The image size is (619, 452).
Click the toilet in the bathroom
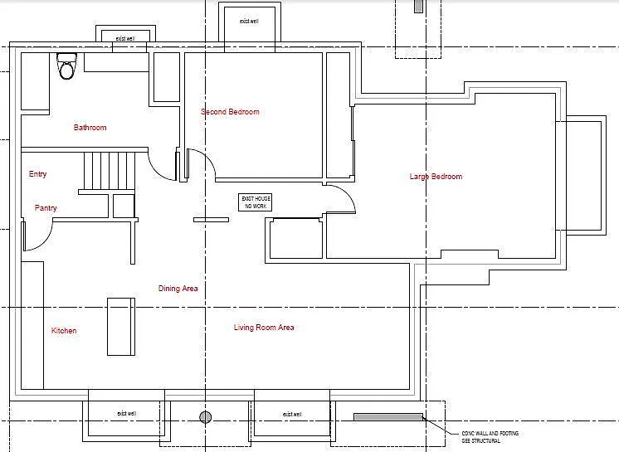(66, 66)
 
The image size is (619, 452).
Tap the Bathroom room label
(90, 128)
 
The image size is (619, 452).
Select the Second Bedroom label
(230, 112)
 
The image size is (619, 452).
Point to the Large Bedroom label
(436, 177)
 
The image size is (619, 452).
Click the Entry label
(37, 174)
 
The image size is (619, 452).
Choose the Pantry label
(46, 208)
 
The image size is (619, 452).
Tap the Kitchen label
(64, 331)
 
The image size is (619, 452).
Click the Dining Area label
(178, 289)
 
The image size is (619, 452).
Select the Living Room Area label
(264, 328)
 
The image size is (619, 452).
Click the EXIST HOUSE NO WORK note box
(256, 202)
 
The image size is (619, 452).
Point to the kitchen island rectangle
(120, 326)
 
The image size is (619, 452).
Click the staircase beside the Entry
(108, 171)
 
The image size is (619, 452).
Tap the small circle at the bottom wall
(206, 416)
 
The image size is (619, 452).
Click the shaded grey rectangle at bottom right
(388, 416)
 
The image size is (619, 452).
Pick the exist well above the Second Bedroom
(249, 22)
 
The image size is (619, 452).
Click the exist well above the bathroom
(125, 38)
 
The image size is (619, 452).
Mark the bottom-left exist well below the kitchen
(125, 413)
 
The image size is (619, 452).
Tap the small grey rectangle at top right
(419, 6)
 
